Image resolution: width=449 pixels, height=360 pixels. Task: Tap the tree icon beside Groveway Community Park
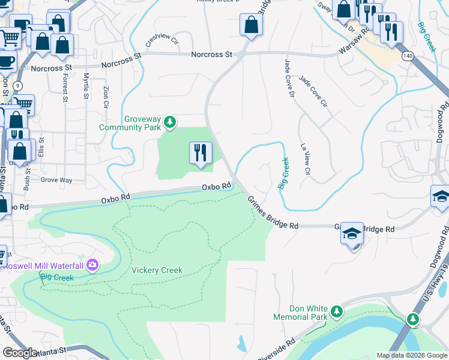(x=170, y=123)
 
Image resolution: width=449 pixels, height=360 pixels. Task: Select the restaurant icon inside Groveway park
(x=200, y=153)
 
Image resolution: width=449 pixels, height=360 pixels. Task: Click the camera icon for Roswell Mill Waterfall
(x=92, y=265)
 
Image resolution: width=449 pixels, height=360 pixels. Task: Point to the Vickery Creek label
(x=157, y=270)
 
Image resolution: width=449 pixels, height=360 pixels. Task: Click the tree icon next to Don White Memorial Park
(x=337, y=311)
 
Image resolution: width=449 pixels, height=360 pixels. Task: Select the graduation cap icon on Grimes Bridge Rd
(x=352, y=233)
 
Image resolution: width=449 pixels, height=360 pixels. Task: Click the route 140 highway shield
(x=408, y=55)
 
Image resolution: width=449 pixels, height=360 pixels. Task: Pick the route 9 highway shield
(x=17, y=86)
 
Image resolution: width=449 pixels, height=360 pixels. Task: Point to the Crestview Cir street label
(x=162, y=41)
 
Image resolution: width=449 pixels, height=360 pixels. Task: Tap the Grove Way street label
(x=56, y=179)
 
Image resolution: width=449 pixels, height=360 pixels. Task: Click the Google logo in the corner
(x=20, y=353)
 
